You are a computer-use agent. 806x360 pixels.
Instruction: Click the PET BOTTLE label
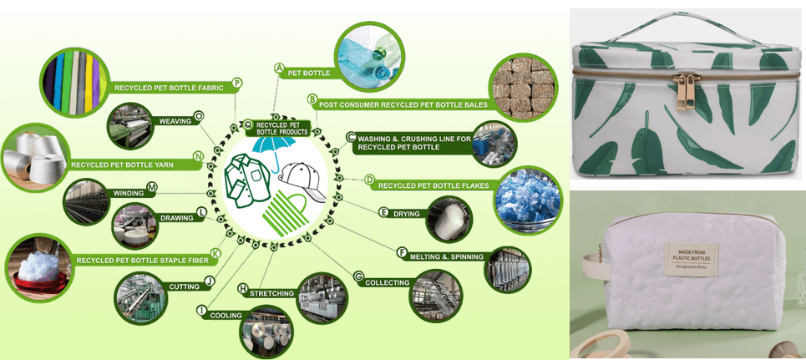tap(308, 74)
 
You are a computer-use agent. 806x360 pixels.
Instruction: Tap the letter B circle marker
tap(312, 100)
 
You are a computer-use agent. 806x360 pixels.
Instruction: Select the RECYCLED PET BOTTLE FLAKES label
tap(431, 185)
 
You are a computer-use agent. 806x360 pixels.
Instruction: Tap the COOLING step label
tap(226, 316)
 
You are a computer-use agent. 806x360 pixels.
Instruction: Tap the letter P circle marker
tap(237, 83)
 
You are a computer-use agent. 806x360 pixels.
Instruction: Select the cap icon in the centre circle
tap(300, 175)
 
